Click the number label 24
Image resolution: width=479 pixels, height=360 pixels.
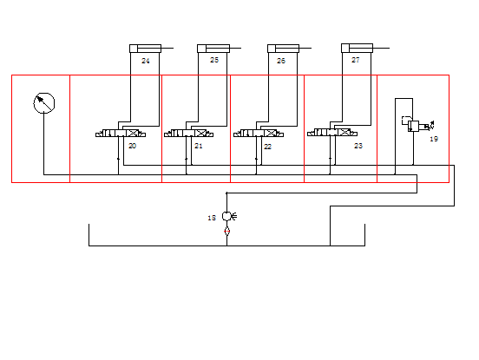(x=146, y=61)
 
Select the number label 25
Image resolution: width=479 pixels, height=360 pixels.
(x=214, y=60)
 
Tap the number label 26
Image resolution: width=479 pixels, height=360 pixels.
(x=281, y=61)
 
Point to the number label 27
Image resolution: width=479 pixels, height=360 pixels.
(x=355, y=60)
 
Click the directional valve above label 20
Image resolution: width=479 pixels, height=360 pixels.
(x=121, y=133)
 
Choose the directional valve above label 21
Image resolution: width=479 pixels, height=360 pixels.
(x=189, y=133)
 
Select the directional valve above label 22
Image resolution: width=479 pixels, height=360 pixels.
(x=259, y=133)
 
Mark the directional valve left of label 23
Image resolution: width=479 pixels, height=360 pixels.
(x=332, y=132)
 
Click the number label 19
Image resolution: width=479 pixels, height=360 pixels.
(x=434, y=139)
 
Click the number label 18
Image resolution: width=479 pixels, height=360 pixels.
(x=212, y=218)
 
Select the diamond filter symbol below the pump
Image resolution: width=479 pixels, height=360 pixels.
(x=226, y=232)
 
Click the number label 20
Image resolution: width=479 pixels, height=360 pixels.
(x=132, y=146)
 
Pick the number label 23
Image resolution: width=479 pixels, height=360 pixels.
(x=358, y=146)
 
